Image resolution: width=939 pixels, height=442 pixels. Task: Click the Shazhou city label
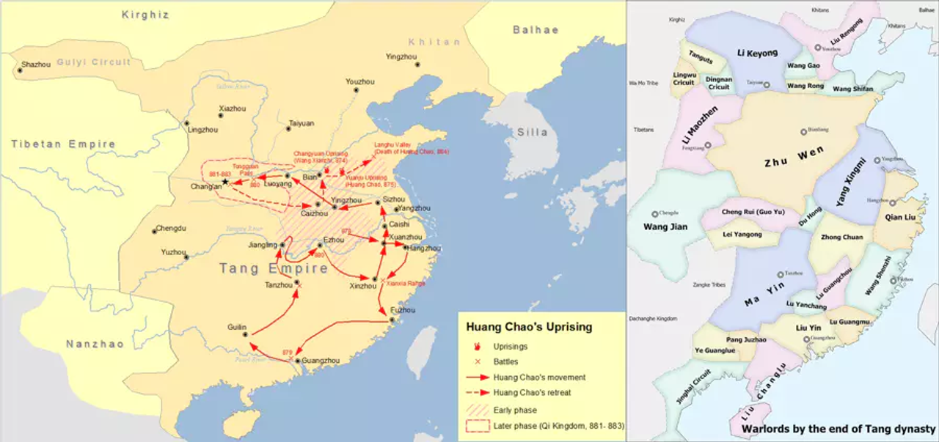point(37,65)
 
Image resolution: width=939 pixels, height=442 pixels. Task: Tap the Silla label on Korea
point(532,132)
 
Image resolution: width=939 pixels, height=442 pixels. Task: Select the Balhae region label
point(536,30)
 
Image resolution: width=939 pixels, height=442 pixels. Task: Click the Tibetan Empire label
point(63,144)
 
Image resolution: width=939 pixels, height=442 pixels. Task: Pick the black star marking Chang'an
point(226,182)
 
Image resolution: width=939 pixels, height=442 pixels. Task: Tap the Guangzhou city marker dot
point(296,361)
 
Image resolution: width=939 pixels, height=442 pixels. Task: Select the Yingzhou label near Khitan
point(401,57)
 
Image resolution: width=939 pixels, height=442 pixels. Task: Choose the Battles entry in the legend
point(505,361)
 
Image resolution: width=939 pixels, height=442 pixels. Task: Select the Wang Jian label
point(665,226)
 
